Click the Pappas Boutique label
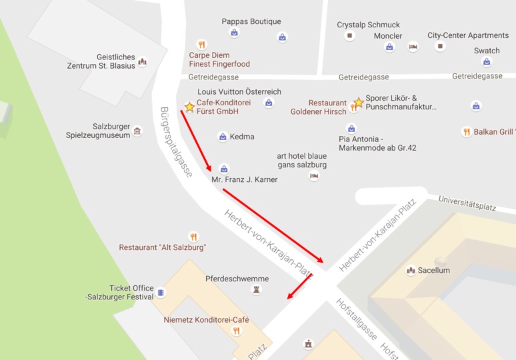click(251, 21)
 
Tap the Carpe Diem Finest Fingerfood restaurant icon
click(202, 45)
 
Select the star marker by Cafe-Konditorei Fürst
click(189, 107)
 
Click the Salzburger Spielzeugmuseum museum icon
click(137, 131)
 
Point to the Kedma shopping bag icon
click(223, 137)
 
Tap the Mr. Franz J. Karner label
click(244, 179)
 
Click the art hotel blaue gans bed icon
click(314, 176)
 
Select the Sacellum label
click(433, 270)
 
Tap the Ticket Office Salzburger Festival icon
click(161, 293)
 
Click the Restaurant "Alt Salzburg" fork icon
click(193, 237)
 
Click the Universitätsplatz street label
click(467, 203)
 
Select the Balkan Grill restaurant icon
click(467, 132)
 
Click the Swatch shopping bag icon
click(487, 62)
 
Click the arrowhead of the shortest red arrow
click(289, 297)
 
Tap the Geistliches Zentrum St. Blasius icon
click(142, 62)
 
